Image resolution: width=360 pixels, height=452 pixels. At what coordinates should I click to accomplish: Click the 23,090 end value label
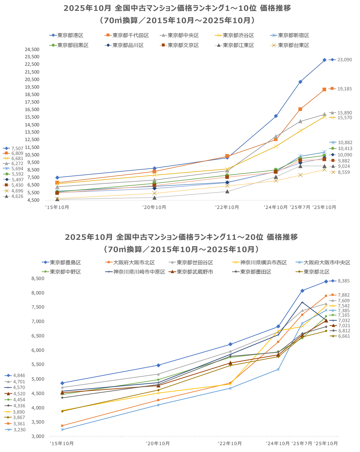point(344,60)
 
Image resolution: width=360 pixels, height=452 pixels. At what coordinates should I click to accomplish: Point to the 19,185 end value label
point(344,89)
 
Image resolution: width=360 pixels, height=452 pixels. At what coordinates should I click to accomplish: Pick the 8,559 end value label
point(343,172)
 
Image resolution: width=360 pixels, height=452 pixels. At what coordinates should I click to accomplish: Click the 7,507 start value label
point(17,148)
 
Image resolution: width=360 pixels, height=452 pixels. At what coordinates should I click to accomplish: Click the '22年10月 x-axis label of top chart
point(227,207)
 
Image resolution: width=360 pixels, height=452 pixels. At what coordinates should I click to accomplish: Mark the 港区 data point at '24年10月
point(276,116)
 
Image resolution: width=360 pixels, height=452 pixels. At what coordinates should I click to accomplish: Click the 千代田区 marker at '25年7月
point(300,109)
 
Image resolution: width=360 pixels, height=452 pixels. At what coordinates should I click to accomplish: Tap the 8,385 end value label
point(343,281)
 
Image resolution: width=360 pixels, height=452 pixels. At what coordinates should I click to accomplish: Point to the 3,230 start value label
point(19,430)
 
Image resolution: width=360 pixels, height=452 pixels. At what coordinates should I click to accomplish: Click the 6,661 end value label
point(344,336)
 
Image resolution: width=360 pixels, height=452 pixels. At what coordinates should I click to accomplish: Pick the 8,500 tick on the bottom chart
point(38,279)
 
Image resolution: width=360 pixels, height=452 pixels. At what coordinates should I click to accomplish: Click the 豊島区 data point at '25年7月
point(302,291)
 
